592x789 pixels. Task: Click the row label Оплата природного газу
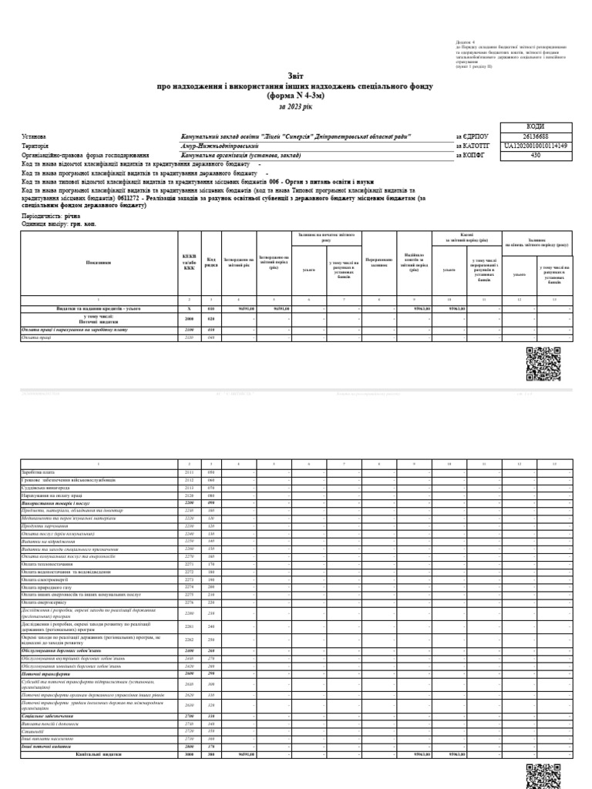(45, 587)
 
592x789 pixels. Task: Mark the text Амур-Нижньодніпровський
(214, 145)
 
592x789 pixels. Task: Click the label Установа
(34, 136)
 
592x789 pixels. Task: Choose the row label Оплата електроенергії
(45, 579)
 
